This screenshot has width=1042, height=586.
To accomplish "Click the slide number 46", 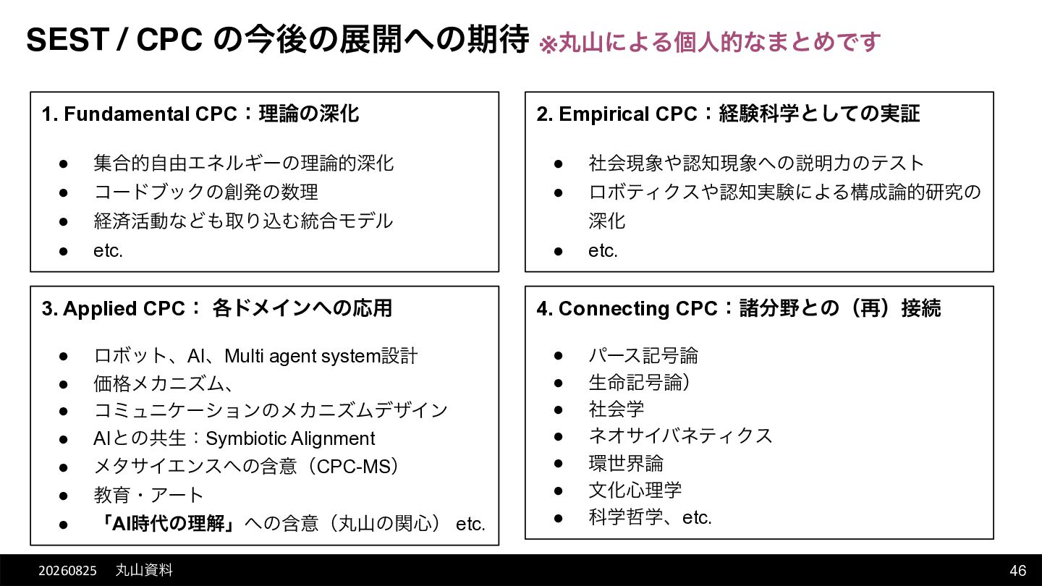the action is (1018, 570).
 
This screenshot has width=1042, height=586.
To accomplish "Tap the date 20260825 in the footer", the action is (67, 571).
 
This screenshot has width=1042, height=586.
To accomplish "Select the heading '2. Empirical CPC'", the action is (617, 114).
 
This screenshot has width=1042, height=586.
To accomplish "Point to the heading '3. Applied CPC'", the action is (114, 308).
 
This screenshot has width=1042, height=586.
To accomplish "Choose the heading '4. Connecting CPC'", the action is (627, 308).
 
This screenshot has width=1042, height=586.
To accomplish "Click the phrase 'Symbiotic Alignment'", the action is (290, 438).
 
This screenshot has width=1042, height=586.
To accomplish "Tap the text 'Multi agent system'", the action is (302, 356).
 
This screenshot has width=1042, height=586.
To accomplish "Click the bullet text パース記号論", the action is (643, 356).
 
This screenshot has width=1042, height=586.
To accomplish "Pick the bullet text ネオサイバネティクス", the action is (680, 436).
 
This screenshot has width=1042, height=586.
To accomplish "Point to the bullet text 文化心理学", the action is (635, 491).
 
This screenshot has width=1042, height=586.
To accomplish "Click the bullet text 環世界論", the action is (626, 463).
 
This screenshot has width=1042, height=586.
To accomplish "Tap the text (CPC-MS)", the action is (357, 467).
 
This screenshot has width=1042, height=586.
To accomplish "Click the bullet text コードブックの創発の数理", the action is (206, 192).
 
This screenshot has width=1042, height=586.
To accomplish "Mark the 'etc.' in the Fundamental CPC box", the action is (108, 250).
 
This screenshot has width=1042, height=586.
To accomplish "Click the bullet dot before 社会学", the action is (559, 410).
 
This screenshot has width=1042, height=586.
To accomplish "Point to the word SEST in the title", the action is (67, 40).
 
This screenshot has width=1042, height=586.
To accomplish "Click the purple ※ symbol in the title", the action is (548, 45).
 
